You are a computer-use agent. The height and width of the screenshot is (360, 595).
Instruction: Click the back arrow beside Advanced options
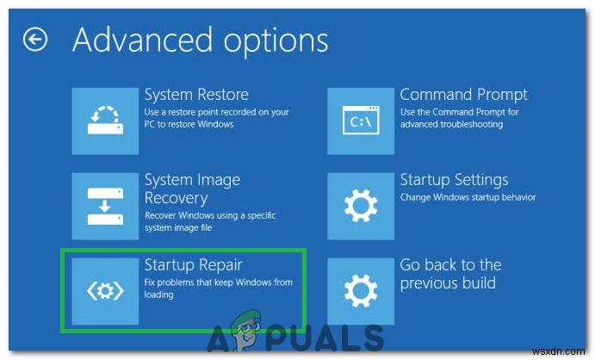click(x=35, y=40)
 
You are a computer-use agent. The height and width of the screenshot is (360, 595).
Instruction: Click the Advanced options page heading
click(x=200, y=40)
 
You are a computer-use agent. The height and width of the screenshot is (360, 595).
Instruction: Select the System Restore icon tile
click(x=104, y=121)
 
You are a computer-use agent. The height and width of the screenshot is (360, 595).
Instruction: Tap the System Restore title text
click(x=196, y=95)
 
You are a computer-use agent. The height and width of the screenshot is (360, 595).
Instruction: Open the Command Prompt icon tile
click(x=360, y=121)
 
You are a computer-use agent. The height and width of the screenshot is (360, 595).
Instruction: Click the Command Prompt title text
click(x=464, y=95)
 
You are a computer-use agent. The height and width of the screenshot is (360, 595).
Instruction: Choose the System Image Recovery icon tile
click(x=104, y=205)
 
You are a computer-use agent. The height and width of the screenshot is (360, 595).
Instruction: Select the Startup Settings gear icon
click(x=360, y=205)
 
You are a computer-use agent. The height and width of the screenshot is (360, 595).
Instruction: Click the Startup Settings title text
click(x=454, y=180)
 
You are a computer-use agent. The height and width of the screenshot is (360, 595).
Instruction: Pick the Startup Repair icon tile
click(x=104, y=290)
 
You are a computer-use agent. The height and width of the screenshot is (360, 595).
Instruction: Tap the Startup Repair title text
click(x=194, y=264)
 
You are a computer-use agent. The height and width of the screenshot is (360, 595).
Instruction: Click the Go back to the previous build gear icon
click(x=360, y=290)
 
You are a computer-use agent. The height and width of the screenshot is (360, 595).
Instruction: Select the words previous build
click(x=448, y=283)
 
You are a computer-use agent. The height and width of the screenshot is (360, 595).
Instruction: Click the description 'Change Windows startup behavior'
click(x=468, y=198)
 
